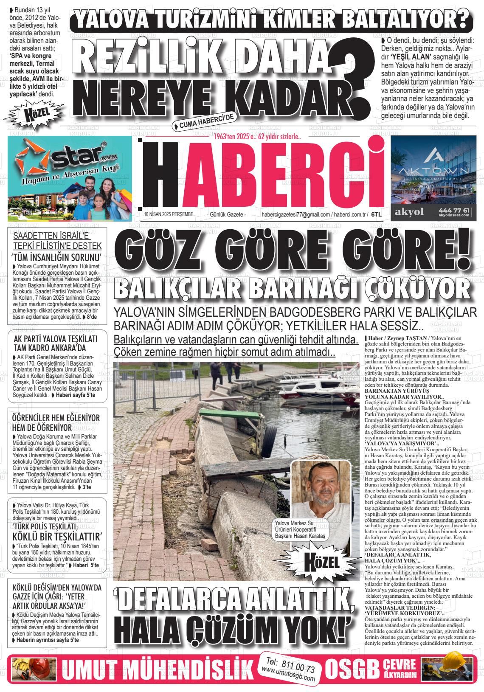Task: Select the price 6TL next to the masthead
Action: (376, 215)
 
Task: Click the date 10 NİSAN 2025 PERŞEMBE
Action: (169, 215)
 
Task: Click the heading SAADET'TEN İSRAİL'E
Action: (58, 236)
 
